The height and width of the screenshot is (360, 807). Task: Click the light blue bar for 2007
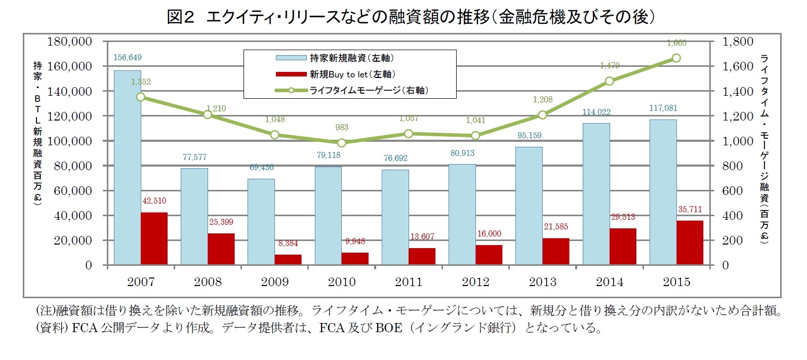pos(128,167)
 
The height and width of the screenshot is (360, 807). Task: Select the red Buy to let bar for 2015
pos(690,243)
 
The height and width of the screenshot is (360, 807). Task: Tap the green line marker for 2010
pos(342,143)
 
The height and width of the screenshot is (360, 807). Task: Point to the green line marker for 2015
pos(676,58)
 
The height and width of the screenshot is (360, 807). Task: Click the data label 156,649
pos(128,58)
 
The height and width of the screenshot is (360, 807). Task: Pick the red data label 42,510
pos(154,201)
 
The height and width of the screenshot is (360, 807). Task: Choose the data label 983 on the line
pos(342,128)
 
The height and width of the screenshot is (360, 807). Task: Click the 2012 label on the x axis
pos(475,282)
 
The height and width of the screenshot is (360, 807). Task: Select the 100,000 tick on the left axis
pos(69,141)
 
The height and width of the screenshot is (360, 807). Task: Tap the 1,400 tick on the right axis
pos(738,92)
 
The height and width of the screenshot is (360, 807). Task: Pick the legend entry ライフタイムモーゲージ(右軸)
pos(368,91)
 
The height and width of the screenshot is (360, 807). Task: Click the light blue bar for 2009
pos(261,221)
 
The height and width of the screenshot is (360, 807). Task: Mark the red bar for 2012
pos(489,255)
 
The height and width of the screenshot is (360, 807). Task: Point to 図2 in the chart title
pos(181,17)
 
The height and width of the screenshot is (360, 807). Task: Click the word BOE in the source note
pos(388,328)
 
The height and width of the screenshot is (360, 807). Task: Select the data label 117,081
pos(663,108)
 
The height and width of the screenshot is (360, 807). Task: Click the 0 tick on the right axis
pos(725,265)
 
